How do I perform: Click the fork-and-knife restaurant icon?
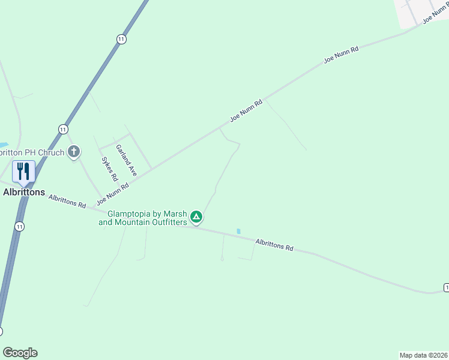[x=23, y=172]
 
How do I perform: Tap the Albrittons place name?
[x=24, y=192]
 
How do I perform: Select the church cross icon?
[x=74, y=152]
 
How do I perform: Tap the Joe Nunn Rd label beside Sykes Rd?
[x=113, y=193]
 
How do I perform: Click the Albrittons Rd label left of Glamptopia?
[x=67, y=201]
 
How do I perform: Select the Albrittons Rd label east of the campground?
[x=274, y=244]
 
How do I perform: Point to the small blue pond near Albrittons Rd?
[x=238, y=231]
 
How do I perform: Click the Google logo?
[x=20, y=353]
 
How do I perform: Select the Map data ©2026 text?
[x=423, y=355]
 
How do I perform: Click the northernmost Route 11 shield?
[x=121, y=38]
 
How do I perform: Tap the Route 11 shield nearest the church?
[x=63, y=129]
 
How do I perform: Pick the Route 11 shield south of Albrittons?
[x=20, y=226]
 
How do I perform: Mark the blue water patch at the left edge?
[x=3, y=145]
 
